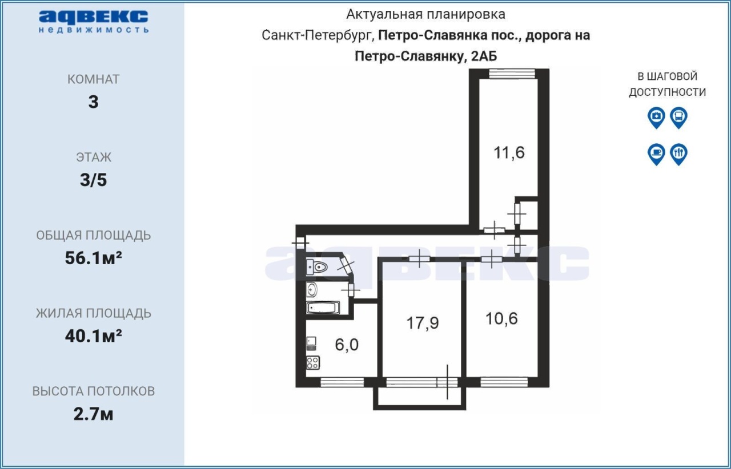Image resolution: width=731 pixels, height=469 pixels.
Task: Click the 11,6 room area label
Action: (x=509, y=153)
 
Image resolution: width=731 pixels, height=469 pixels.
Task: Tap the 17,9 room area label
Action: (x=423, y=323)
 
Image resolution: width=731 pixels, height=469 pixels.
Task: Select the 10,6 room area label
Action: (x=501, y=318)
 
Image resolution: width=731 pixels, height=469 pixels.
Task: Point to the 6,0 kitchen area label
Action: (x=347, y=345)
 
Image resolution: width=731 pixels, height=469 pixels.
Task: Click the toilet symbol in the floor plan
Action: (x=317, y=268)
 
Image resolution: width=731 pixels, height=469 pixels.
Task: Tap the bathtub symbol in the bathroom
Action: (x=323, y=308)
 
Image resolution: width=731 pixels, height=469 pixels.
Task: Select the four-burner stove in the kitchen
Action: (x=313, y=363)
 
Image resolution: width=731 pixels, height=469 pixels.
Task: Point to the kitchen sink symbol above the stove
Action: (x=311, y=343)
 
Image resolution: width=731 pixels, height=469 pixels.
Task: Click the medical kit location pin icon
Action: (x=656, y=118)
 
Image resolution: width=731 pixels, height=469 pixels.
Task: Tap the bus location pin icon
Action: (x=679, y=118)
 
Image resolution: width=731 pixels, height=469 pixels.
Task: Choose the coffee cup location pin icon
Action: (x=656, y=154)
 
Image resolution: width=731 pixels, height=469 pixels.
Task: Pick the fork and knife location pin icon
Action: (x=679, y=154)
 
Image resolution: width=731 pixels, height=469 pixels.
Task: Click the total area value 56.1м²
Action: (x=93, y=258)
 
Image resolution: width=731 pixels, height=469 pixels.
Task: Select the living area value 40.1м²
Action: (x=93, y=335)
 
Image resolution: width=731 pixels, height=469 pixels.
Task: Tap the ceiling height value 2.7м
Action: (x=93, y=414)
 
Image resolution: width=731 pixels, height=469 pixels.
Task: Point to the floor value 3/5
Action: (x=93, y=180)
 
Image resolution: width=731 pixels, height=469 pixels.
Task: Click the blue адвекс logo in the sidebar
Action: (x=94, y=22)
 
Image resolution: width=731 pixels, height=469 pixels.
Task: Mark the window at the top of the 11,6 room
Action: (x=512, y=74)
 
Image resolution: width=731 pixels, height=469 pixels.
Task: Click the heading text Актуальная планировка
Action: (x=426, y=14)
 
